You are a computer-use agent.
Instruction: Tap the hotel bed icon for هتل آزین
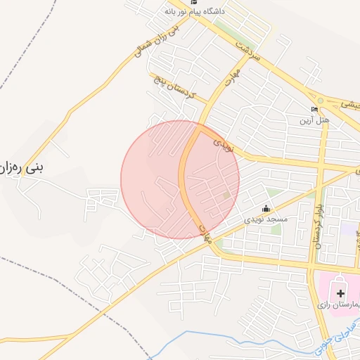tap(315, 110)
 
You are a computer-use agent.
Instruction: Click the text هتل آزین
tap(315, 120)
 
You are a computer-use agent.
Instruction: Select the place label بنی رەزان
tap(28, 169)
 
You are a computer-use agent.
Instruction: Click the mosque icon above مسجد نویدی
tap(266, 209)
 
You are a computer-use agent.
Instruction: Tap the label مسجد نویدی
tap(266, 219)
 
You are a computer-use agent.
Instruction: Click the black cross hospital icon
tap(341, 292)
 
